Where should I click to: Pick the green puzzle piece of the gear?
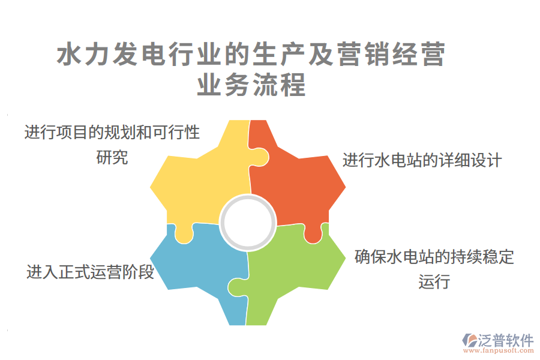(x=294, y=270)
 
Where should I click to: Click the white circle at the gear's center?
(x=248, y=223)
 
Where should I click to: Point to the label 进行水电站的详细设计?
(x=422, y=161)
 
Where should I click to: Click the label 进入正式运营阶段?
(x=91, y=272)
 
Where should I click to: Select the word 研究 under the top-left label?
(x=112, y=158)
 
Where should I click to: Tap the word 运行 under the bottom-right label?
(x=434, y=281)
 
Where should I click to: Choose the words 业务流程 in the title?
(x=252, y=86)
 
